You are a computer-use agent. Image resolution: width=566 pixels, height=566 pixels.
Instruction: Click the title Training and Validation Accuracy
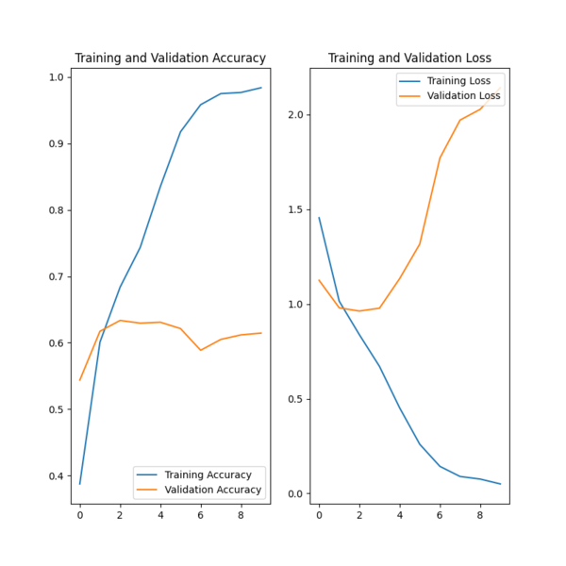coord(170,58)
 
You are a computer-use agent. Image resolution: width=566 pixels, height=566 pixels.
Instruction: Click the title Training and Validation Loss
coord(409,58)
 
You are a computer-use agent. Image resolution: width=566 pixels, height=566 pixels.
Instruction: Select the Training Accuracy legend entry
coord(208,474)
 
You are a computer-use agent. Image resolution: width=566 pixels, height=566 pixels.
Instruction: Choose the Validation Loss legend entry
coord(463,96)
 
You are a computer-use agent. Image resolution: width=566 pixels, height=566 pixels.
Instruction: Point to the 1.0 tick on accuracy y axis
coord(57,77)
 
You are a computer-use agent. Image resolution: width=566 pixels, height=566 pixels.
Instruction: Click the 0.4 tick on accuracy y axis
coord(57,475)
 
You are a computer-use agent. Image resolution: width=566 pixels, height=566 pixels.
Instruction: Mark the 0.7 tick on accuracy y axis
coord(57,276)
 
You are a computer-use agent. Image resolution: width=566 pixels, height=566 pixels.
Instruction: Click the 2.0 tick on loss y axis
coord(296,115)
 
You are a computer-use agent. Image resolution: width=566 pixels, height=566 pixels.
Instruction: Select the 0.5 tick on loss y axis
coord(296,399)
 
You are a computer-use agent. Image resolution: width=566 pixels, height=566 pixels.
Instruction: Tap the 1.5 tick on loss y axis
coord(296,209)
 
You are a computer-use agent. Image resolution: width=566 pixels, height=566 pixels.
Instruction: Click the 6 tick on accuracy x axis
coord(200,516)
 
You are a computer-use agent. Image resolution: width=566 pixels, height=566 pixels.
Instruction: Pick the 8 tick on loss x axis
coord(480,516)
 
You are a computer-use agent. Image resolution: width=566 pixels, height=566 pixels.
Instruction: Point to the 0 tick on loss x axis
coord(319,516)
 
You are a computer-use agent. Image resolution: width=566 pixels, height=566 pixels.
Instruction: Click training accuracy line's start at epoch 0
coord(80,484)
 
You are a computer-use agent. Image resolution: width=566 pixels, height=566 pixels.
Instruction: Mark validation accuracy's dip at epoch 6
coord(200,350)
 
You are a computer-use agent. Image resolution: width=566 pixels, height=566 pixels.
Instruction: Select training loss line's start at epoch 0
coord(319,218)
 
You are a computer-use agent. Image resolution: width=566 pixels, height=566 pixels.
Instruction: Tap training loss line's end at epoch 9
coord(500,484)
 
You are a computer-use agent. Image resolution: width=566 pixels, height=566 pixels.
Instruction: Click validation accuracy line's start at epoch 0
coord(80,380)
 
